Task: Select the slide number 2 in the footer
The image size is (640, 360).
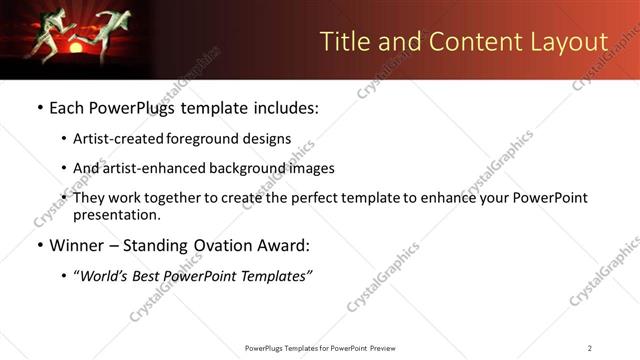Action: (590, 347)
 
